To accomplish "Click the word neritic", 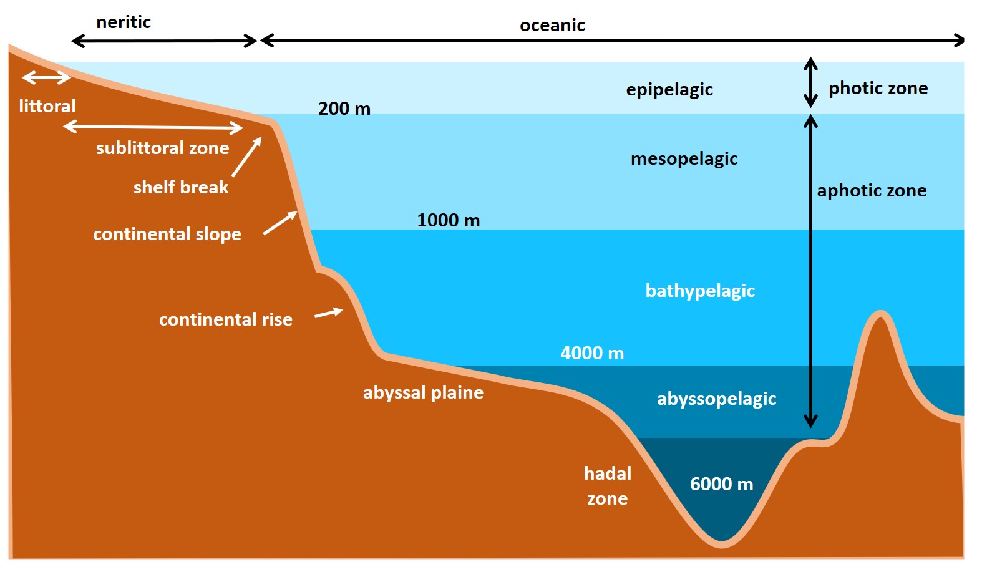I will point(124,22).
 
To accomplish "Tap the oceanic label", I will point(552,26).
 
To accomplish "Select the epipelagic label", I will point(669,90).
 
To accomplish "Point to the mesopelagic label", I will point(684,159).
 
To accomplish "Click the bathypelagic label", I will point(700,291).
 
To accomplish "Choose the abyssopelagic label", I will point(716,399).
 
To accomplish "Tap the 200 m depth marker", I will point(344,109).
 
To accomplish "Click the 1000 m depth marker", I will point(448,220).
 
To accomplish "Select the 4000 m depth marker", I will point(592,353).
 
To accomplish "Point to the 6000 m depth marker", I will point(721,484).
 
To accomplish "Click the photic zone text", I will point(878,89).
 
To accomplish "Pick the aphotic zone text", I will point(872,191).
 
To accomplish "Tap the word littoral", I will point(47,106).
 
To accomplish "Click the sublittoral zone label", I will point(162,148).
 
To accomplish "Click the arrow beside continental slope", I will point(280,223).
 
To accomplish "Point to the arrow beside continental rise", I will point(329,313).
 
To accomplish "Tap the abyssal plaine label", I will point(423,393).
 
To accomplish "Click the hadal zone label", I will point(607,486).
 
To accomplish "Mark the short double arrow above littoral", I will point(46,78).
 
